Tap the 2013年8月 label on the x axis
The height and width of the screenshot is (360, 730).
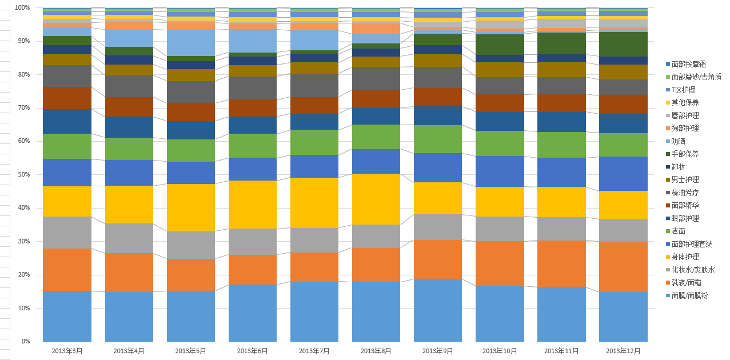point(376,351)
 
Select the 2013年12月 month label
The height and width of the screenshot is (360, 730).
point(623,351)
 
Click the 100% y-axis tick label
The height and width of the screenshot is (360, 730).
point(22,8)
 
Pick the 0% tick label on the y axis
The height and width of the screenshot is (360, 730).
point(26,342)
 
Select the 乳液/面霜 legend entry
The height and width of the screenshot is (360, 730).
point(686,282)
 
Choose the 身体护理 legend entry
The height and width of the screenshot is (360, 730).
point(685,257)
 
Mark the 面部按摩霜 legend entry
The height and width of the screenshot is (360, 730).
point(688,64)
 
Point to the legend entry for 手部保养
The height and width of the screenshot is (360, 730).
point(685,154)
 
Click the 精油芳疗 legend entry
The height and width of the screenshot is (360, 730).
point(685,193)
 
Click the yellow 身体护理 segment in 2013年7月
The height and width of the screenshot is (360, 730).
point(314,203)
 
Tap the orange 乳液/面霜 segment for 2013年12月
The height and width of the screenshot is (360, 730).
point(623,267)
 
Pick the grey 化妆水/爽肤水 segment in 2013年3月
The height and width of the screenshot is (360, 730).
point(67,233)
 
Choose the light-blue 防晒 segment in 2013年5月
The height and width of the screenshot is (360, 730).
point(191,43)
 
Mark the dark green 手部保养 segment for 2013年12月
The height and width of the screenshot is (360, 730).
point(623,44)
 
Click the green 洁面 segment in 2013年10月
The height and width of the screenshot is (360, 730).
point(500,143)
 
